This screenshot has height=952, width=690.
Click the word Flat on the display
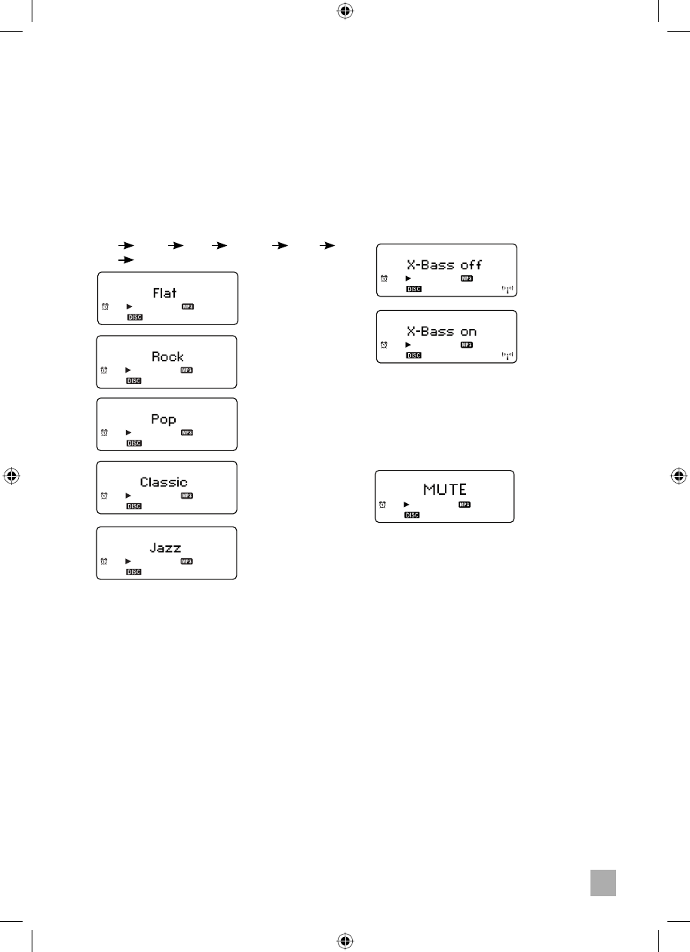pos(164,293)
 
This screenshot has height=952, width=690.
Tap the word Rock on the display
pos(167,357)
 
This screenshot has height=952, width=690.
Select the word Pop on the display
pos(164,419)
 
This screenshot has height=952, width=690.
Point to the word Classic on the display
pos(164,482)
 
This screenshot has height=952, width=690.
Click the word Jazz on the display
pos(165,548)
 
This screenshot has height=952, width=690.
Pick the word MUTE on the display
pos(446,489)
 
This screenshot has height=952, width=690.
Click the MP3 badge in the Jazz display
pos(186,561)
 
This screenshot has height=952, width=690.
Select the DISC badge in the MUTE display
pos(412,515)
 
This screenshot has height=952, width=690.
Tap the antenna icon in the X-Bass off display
pos(507,289)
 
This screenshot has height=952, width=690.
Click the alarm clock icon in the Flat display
pos(104,306)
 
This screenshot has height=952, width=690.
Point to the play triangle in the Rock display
pos(128,370)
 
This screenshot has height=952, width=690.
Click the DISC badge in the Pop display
pos(133,443)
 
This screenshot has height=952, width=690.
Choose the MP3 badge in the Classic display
pos(186,496)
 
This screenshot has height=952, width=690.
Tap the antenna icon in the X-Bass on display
pos(507,355)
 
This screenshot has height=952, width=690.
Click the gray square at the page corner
pos(603,883)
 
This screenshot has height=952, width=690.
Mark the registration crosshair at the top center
pos(345,11)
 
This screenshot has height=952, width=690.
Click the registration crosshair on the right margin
pos(679,477)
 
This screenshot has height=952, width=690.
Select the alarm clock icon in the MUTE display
pos(382,504)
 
